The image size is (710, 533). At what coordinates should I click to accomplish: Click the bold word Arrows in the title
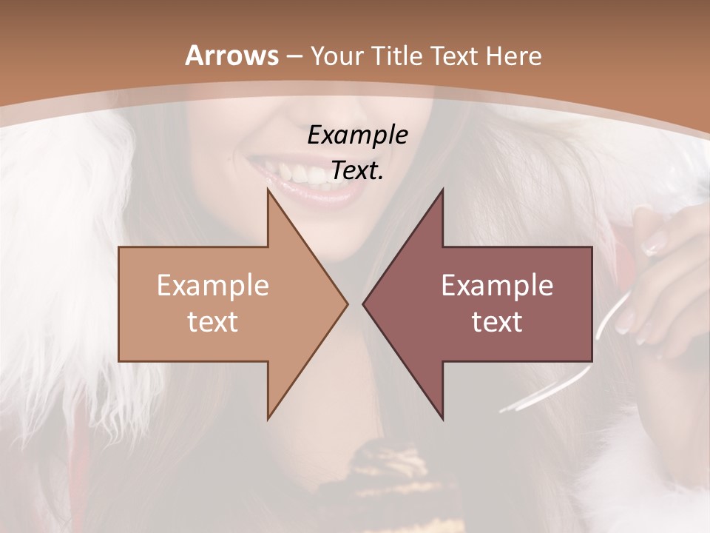(x=231, y=56)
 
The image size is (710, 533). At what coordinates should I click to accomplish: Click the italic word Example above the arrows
(x=357, y=135)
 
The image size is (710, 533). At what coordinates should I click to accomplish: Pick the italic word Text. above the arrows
(x=357, y=171)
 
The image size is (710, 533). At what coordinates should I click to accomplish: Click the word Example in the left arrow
(x=213, y=285)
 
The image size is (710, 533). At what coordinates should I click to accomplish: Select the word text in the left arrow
(x=213, y=321)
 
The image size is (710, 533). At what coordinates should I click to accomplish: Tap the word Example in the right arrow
(x=497, y=285)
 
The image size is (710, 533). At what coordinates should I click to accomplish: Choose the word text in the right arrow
(x=497, y=321)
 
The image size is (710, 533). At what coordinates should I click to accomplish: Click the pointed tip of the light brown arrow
(x=346, y=304)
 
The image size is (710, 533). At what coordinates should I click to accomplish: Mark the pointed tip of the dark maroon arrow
(x=364, y=304)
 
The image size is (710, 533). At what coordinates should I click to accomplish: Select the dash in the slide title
(x=294, y=56)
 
